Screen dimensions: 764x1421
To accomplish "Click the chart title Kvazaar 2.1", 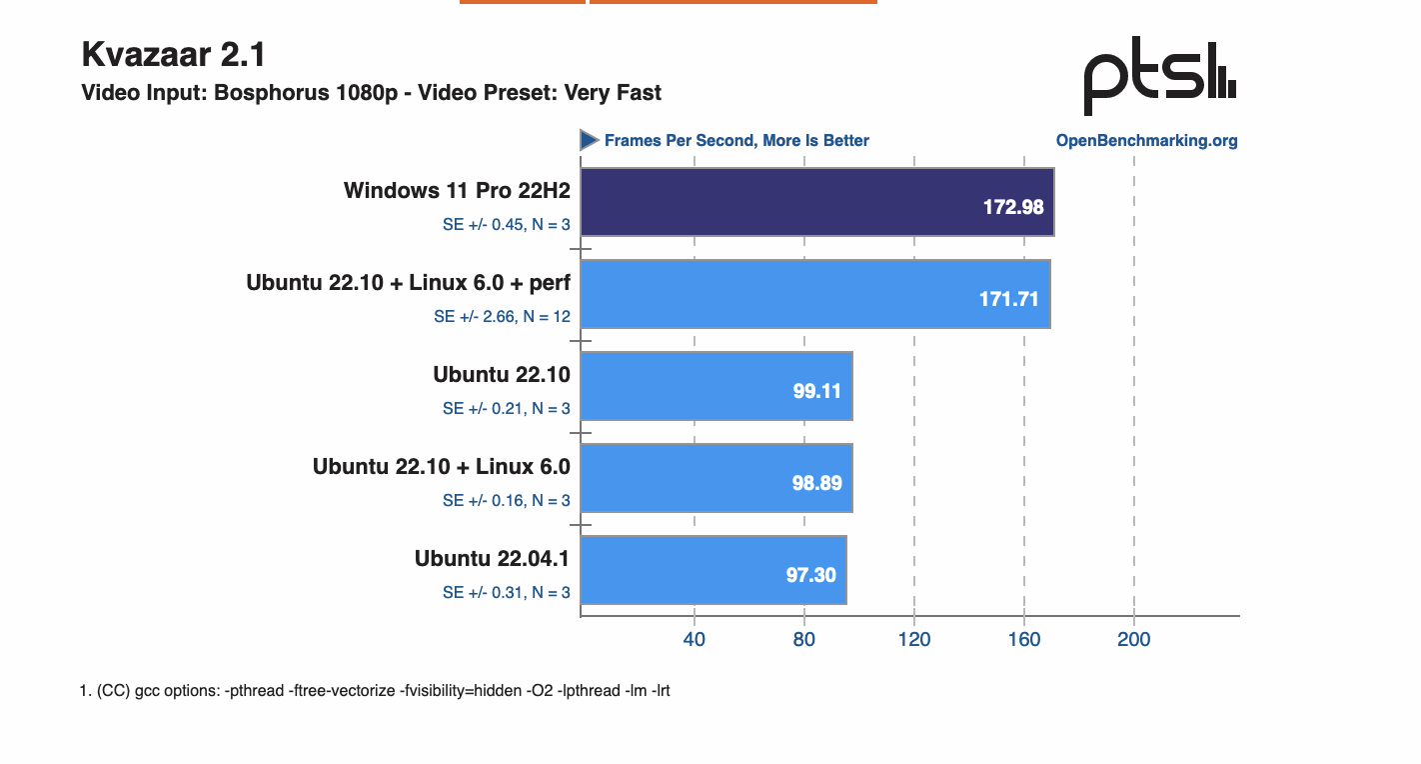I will [x=173, y=54].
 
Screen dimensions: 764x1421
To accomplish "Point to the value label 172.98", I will [x=1013, y=207].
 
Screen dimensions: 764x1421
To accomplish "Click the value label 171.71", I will [x=1009, y=299].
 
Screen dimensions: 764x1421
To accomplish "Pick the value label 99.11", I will [x=817, y=391].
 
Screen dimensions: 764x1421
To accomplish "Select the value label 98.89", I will [x=815, y=483].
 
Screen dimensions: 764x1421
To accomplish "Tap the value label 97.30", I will [x=810, y=575].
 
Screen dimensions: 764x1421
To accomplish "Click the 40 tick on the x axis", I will [x=694, y=640].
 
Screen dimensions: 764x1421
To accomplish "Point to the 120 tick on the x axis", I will [x=914, y=640].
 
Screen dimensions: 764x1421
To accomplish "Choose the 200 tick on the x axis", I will [x=1134, y=640].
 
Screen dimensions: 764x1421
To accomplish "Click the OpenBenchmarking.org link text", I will [x=1146, y=141].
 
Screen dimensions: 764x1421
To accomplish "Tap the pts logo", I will [x=1160, y=77].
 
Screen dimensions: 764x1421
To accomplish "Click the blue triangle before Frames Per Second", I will [x=590, y=140].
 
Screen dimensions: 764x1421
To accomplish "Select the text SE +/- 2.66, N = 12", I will [x=502, y=317].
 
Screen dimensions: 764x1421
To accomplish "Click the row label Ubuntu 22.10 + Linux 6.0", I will [x=441, y=467].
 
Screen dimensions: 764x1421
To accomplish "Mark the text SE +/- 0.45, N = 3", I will [x=506, y=225].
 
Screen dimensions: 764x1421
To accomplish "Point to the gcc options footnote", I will [x=375, y=691].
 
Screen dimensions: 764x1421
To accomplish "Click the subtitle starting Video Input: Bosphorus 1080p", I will [x=371, y=93].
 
